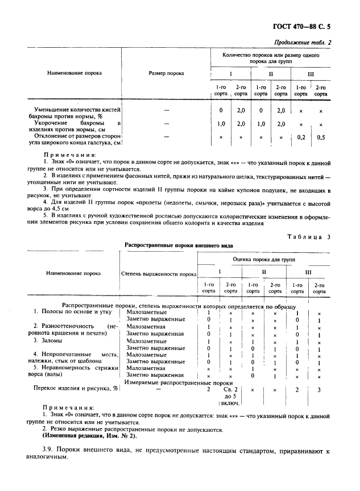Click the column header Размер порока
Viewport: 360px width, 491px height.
(166, 73)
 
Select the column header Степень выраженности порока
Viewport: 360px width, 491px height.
(159, 273)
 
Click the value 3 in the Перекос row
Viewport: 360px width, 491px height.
(320, 389)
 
